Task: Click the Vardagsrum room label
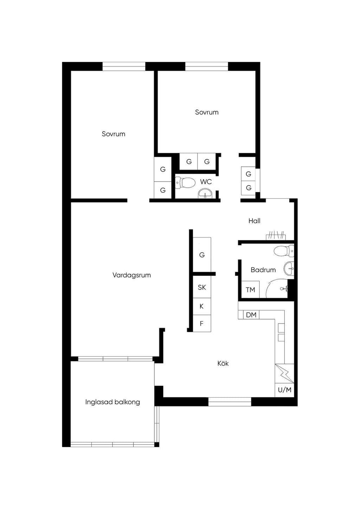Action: [x=131, y=275]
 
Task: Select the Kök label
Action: [x=223, y=363]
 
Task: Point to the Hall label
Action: [x=254, y=221]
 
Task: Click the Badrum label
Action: [x=263, y=270]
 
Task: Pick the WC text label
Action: [x=206, y=182]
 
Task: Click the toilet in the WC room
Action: [x=186, y=183]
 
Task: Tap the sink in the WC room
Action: [x=205, y=194]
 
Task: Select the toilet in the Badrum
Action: [x=284, y=251]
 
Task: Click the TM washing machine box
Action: [x=250, y=289]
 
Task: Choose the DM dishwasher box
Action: [x=251, y=315]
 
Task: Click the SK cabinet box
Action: [x=202, y=287]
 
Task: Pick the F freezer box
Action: [x=202, y=323]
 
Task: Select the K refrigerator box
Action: [x=202, y=307]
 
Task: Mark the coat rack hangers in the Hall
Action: [x=276, y=235]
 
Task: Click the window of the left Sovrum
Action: [x=124, y=66]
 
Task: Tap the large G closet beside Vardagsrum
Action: [x=202, y=255]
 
